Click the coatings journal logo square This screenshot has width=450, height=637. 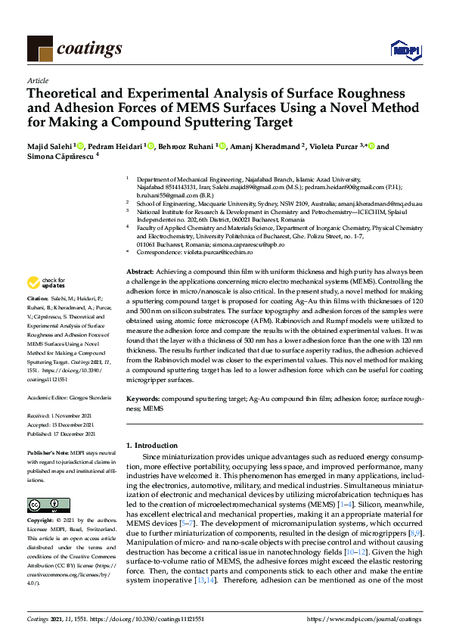(40, 49)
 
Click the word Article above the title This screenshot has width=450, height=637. (37, 80)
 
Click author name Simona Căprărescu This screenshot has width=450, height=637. (58, 157)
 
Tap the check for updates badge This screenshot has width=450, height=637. (45, 283)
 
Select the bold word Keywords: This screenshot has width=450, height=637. (142, 397)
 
